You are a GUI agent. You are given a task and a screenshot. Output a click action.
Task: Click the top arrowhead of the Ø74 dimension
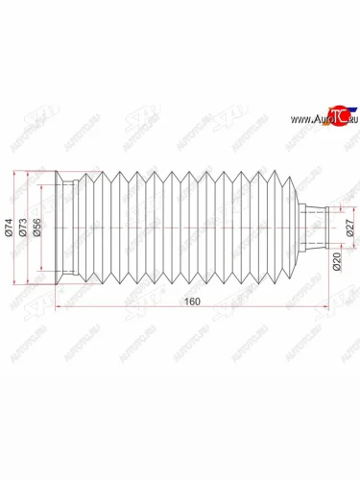pyautogui.click(x=14, y=176)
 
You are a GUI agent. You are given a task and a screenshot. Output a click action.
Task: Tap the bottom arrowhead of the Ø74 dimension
pyautogui.click(x=14, y=284)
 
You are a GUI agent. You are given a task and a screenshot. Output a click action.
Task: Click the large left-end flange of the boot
pyautogui.click(x=63, y=229)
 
